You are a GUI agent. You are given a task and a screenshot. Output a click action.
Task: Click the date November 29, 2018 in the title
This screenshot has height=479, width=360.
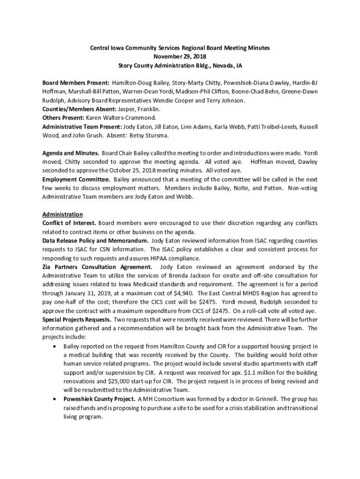click(x=180, y=57)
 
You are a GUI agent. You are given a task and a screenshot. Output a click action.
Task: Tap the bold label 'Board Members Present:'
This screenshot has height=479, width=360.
click(x=76, y=82)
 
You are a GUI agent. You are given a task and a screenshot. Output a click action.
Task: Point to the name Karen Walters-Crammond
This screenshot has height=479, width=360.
click(x=121, y=117)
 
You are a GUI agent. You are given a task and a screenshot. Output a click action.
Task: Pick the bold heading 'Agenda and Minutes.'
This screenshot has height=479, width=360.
click(x=71, y=153)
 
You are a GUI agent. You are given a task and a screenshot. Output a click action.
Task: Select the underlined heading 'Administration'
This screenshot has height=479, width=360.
click(x=63, y=214)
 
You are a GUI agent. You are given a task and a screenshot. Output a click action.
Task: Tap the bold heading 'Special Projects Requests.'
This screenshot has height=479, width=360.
click(x=77, y=319)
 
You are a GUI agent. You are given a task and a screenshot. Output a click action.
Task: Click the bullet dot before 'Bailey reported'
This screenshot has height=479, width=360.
click(x=56, y=346)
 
